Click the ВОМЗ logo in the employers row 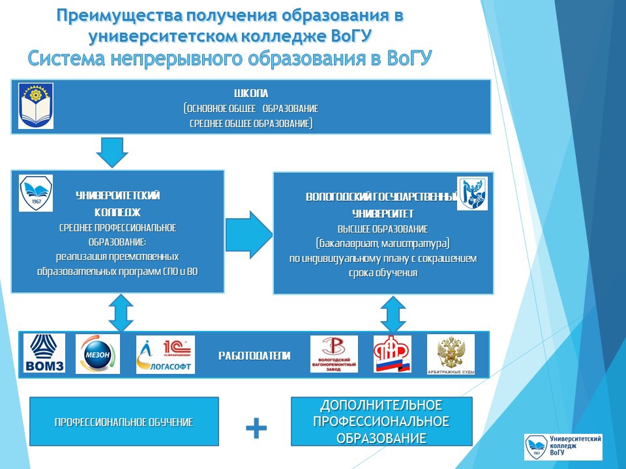(x=44, y=353)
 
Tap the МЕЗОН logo (x=98, y=354)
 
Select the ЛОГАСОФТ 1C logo (x=165, y=354)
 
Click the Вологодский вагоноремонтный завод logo (x=334, y=354)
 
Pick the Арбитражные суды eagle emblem (x=451, y=354)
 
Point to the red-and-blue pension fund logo (x=392, y=354)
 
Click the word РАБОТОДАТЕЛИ (x=254, y=356)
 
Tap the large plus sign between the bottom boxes (x=256, y=428)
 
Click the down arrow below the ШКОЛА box (x=112, y=151)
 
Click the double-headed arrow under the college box (x=121, y=312)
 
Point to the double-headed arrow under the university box (x=393, y=314)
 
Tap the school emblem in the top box (x=36, y=106)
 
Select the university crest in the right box (x=472, y=193)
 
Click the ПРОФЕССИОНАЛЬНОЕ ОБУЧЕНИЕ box (x=124, y=422)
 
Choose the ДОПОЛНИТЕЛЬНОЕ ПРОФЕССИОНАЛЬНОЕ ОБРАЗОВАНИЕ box (x=381, y=421)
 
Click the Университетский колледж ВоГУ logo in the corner (x=563, y=447)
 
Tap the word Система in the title (x=67, y=59)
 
